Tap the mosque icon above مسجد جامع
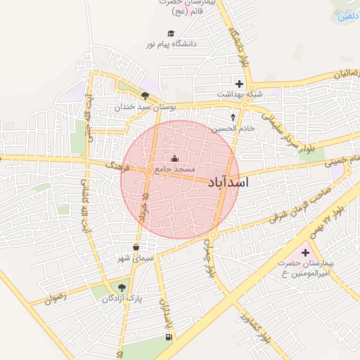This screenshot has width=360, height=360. [x=174, y=157]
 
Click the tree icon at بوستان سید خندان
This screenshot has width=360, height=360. [x=145, y=96]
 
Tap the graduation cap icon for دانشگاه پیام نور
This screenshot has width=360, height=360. [x=170, y=33]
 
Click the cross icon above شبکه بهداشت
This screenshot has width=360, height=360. [x=240, y=84]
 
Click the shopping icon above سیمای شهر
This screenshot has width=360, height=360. [x=136, y=247]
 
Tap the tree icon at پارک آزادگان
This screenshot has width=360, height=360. [x=122, y=287]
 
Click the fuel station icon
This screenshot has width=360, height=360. [x=167, y=337]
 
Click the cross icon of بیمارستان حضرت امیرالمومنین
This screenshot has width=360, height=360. [x=305, y=252]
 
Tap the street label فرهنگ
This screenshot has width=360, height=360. [x=116, y=167]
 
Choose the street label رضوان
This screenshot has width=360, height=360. [x=58, y=297]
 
